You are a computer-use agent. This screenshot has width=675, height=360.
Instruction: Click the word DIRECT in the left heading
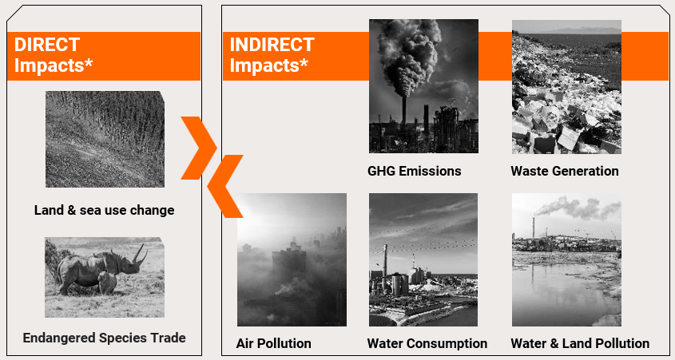[x=47, y=45]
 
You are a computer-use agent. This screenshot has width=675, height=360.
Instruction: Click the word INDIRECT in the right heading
[x=272, y=45]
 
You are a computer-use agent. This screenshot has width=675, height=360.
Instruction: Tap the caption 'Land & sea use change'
[x=105, y=210]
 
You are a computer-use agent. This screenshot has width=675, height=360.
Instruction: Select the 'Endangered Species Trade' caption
[x=104, y=338]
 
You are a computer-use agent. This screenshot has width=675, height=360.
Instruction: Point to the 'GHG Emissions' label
[x=414, y=171]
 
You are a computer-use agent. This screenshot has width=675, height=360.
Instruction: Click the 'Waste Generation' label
[x=565, y=171]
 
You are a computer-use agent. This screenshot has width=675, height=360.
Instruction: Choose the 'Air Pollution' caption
[x=274, y=344]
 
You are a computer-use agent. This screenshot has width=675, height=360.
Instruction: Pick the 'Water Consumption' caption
[x=427, y=344]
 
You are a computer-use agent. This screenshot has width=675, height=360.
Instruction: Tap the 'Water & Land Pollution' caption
[x=580, y=344]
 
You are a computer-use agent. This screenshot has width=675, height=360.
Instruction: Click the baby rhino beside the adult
[x=107, y=282]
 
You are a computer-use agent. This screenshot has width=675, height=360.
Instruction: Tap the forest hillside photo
[x=105, y=139]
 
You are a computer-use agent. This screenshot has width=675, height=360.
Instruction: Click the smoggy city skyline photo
[x=292, y=259]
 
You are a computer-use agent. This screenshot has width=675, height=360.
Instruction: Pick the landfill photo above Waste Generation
[x=566, y=87]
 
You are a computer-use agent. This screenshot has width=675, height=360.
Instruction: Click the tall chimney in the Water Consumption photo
[x=385, y=267]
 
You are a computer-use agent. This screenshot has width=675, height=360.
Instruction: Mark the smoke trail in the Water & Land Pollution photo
[x=578, y=208]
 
